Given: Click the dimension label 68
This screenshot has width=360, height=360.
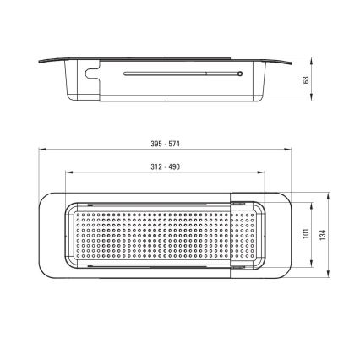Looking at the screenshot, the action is pyautogui.click(x=306, y=79).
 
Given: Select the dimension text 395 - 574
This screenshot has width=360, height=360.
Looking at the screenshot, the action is pyautogui.click(x=165, y=144).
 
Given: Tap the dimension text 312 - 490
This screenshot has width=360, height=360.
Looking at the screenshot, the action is pyautogui.click(x=165, y=167).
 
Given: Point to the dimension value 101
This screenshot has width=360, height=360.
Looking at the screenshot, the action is pyautogui.click(x=306, y=234).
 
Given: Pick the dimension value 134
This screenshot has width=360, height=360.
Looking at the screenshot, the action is pyautogui.click(x=323, y=235).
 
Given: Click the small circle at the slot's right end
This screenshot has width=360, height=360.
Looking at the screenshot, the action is pyautogui.click(x=240, y=74).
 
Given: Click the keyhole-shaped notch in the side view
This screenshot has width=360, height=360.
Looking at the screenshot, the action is pyautogui.click(x=93, y=73).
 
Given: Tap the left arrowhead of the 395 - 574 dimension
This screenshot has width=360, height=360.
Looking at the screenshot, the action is pyautogui.click(x=42, y=150).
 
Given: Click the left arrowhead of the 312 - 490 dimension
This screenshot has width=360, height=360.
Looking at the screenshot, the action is pyautogui.click(x=68, y=172).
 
